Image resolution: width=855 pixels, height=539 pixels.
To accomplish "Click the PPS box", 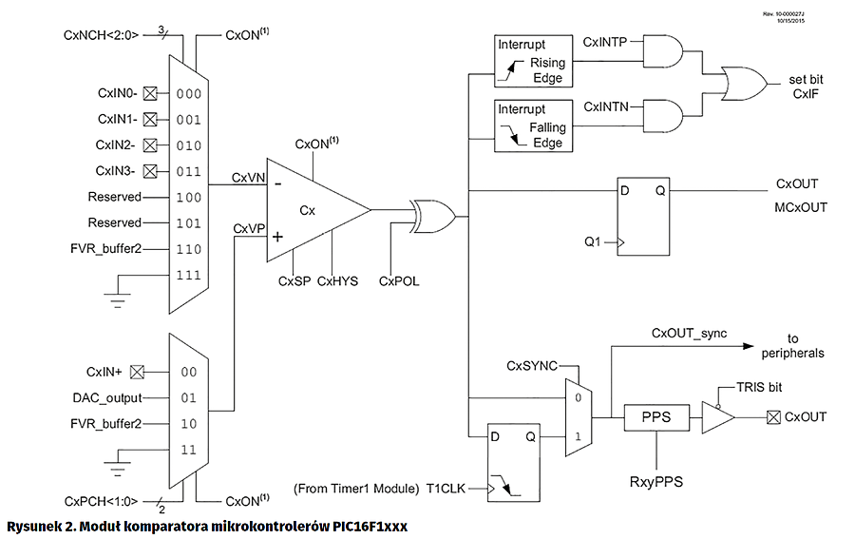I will point(656,417).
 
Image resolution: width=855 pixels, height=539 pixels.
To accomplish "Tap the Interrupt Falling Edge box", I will point(534,125).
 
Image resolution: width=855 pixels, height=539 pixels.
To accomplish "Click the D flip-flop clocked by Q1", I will point(644,216).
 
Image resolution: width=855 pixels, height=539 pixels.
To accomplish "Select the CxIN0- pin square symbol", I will point(148,93).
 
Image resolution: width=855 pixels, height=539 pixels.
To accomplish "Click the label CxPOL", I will point(398,282).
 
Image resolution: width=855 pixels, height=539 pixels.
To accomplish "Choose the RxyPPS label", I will point(656,482).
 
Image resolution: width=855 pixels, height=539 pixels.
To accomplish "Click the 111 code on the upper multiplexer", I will point(187,274).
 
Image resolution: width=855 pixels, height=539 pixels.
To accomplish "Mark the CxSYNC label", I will point(531,365).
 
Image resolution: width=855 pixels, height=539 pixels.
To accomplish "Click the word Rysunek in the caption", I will point(35,526).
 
